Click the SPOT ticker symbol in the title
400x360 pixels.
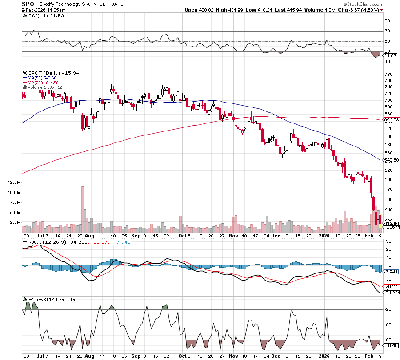click(x=30, y=4)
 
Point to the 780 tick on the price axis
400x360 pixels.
click(x=388, y=74)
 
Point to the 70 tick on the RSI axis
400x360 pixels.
click(x=387, y=31)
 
